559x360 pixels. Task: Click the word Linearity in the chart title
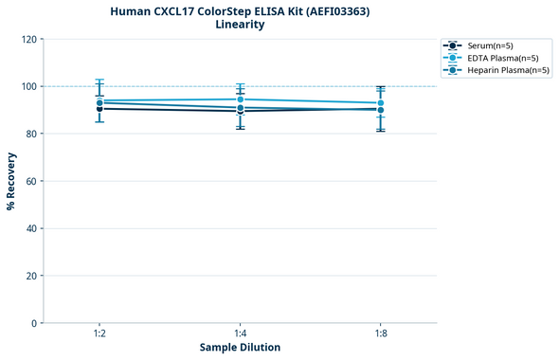click(240, 25)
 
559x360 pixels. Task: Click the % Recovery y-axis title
click(11, 180)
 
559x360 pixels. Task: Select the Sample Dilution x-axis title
click(240, 348)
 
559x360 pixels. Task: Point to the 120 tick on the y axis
click(28, 39)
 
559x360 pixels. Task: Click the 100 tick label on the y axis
click(28, 86)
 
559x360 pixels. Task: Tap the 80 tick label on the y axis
click(31, 134)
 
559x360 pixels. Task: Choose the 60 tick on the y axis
click(31, 181)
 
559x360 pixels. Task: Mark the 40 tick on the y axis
click(31, 228)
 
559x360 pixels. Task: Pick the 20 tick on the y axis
click(31, 276)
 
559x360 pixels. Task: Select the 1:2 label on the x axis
click(99, 333)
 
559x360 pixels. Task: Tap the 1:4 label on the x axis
click(240, 333)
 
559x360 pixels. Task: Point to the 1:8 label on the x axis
click(381, 333)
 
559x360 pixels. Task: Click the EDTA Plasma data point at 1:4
click(240, 99)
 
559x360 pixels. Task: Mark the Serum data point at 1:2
click(99, 109)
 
